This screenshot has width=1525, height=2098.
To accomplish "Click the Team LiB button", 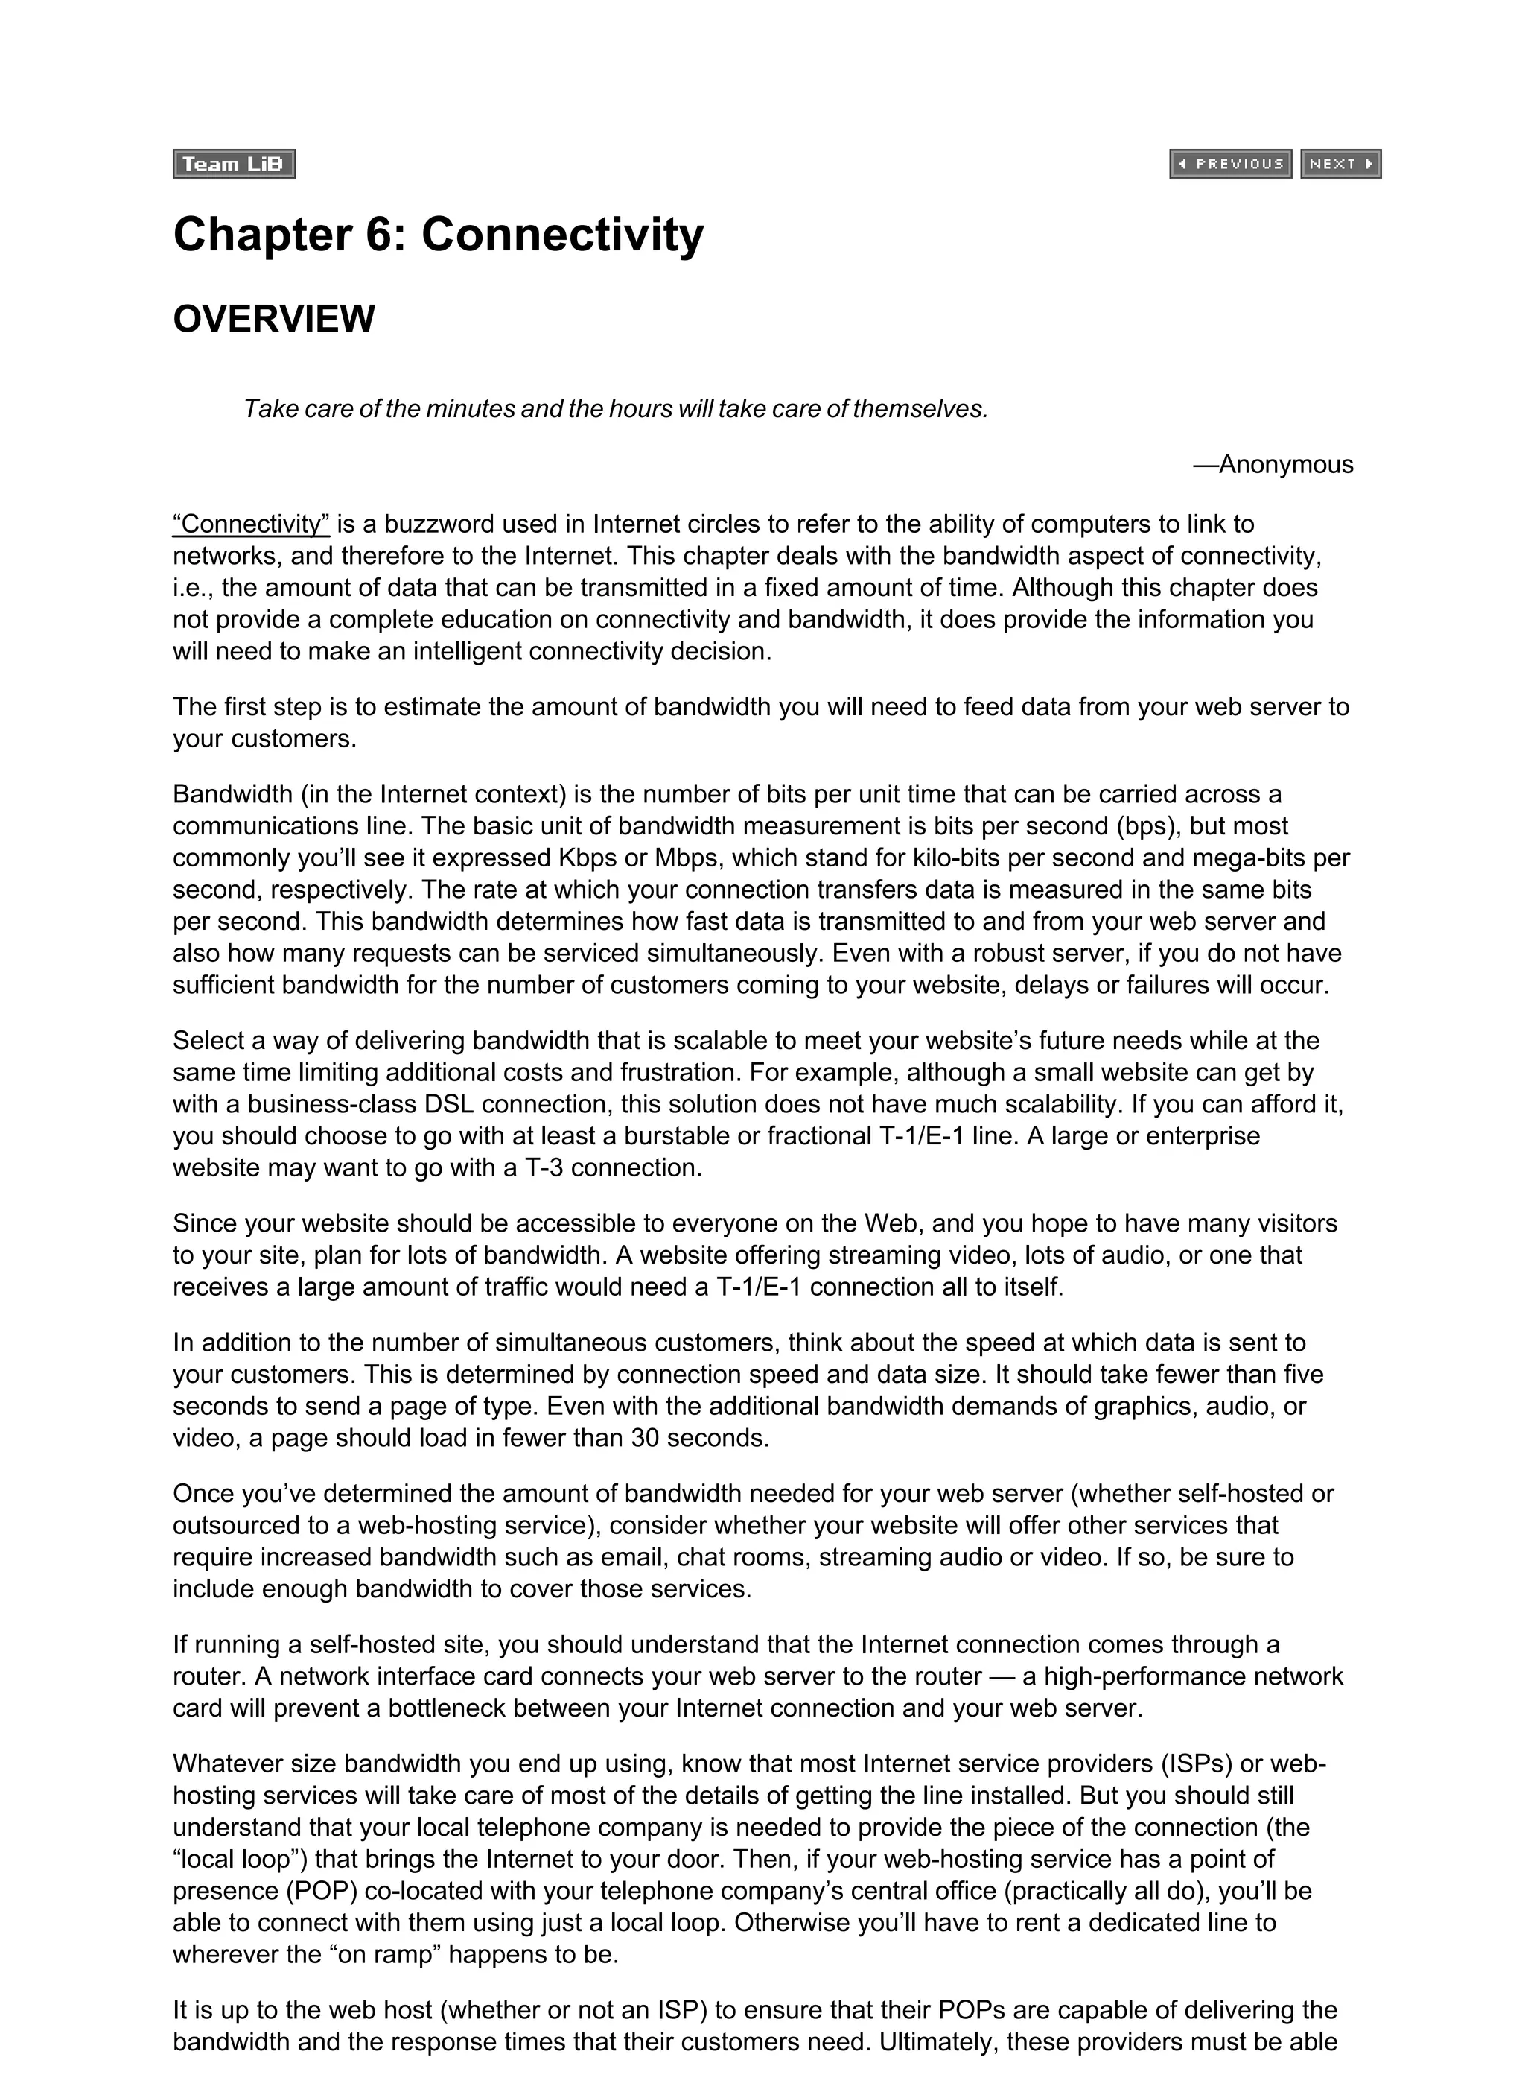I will click(234, 165).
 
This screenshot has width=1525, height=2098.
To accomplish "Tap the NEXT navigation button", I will click(1340, 165).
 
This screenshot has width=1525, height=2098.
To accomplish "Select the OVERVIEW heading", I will click(274, 319).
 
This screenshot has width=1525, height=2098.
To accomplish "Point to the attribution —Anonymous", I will click(1273, 464).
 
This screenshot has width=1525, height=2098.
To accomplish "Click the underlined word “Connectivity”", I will click(251, 524).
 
